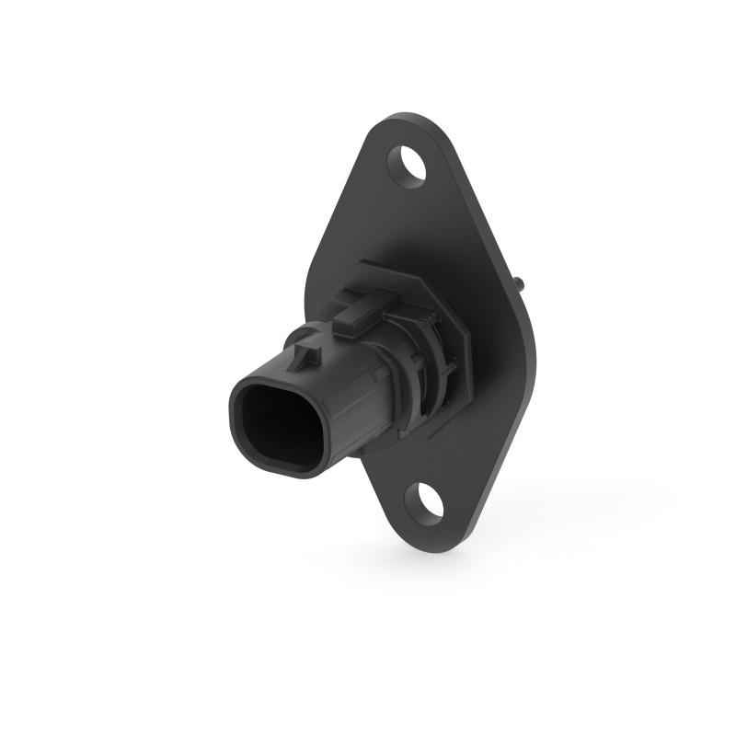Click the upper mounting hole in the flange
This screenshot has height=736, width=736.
(x=414, y=165)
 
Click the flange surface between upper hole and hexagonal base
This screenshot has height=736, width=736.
(x=405, y=221)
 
